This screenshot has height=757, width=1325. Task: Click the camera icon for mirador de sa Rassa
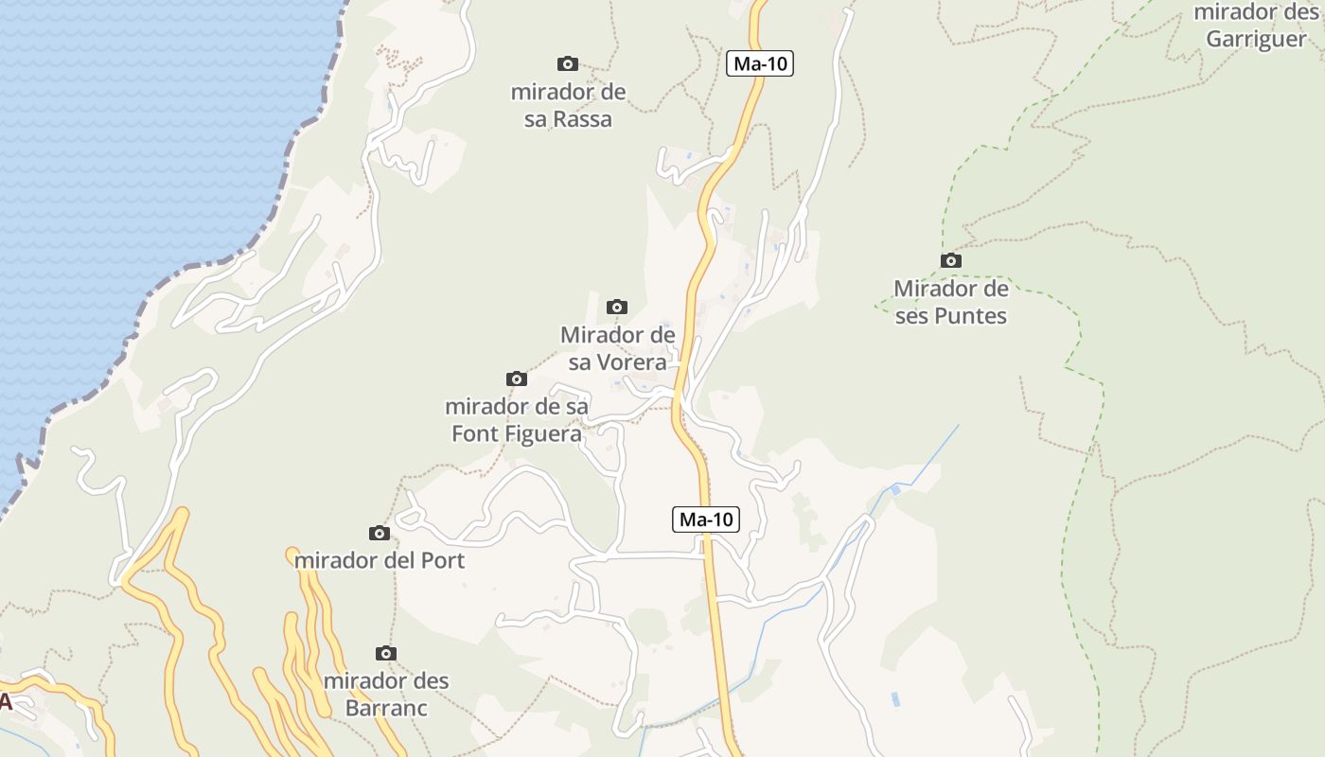click(x=568, y=63)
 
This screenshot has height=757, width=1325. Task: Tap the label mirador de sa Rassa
click(x=568, y=106)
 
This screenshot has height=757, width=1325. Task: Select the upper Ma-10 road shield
click(x=760, y=63)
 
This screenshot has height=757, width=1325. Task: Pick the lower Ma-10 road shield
click(x=706, y=519)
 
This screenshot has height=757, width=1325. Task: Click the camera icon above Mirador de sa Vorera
click(x=617, y=307)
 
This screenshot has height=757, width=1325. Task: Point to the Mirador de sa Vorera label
click(x=617, y=348)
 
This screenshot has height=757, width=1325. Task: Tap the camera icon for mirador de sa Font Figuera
click(x=517, y=378)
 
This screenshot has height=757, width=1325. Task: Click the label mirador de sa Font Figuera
click(x=517, y=420)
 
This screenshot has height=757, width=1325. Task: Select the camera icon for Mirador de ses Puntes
click(x=951, y=260)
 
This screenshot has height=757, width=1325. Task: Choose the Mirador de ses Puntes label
click(x=951, y=302)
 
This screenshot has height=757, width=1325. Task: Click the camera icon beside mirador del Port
click(x=380, y=533)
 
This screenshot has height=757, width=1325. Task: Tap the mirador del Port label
click(x=380, y=560)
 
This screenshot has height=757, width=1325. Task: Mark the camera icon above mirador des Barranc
click(x=385, y=653)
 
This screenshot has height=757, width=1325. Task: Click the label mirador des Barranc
click(x=386, y=695)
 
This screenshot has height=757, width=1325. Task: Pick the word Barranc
click(x=386, y=709)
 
